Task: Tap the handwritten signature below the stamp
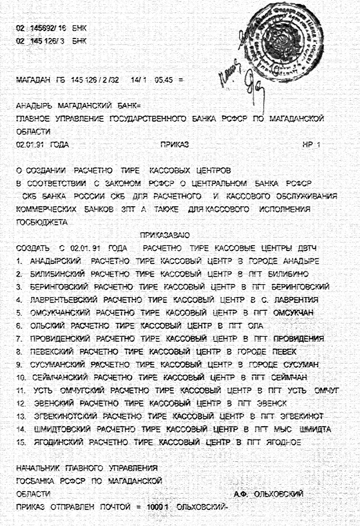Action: point(253,84)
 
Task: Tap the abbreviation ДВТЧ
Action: point(309,248)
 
